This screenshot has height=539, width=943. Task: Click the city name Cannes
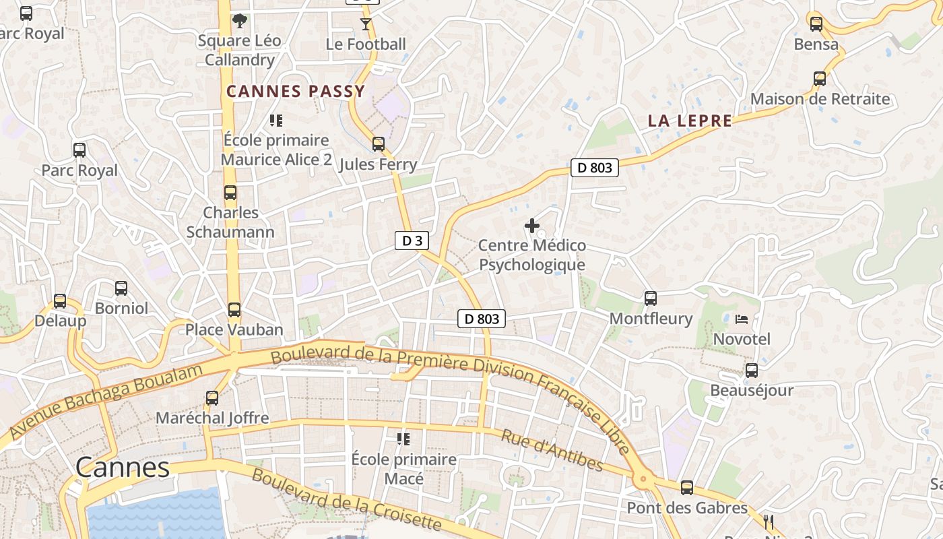122,467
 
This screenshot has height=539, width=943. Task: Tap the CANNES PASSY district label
295,92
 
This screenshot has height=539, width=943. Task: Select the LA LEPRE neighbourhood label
690,121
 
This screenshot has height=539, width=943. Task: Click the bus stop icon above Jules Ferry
379,144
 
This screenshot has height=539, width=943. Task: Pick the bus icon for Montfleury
650,298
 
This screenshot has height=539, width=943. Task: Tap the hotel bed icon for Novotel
742,319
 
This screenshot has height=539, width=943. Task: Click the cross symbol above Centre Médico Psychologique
532,225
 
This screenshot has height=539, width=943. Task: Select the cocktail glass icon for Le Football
366,24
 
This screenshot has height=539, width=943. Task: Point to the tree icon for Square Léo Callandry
239,21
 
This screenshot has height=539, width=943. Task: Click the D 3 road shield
412,241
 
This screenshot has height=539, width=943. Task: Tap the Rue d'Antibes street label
552,450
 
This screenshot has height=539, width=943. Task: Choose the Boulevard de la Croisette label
346,499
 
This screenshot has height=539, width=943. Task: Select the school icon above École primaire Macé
403,439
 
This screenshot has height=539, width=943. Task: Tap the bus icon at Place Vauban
234,310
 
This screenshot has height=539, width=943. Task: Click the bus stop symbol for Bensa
816,24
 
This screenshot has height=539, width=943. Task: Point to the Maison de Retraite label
820,99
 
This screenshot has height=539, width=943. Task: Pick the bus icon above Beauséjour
751,370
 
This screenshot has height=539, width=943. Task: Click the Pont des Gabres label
687,507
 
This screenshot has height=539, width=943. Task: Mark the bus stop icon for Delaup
60,301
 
